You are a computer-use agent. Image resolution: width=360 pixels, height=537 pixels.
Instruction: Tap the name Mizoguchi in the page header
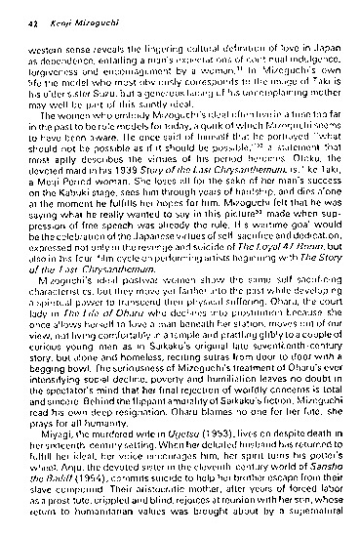point(104,21)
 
